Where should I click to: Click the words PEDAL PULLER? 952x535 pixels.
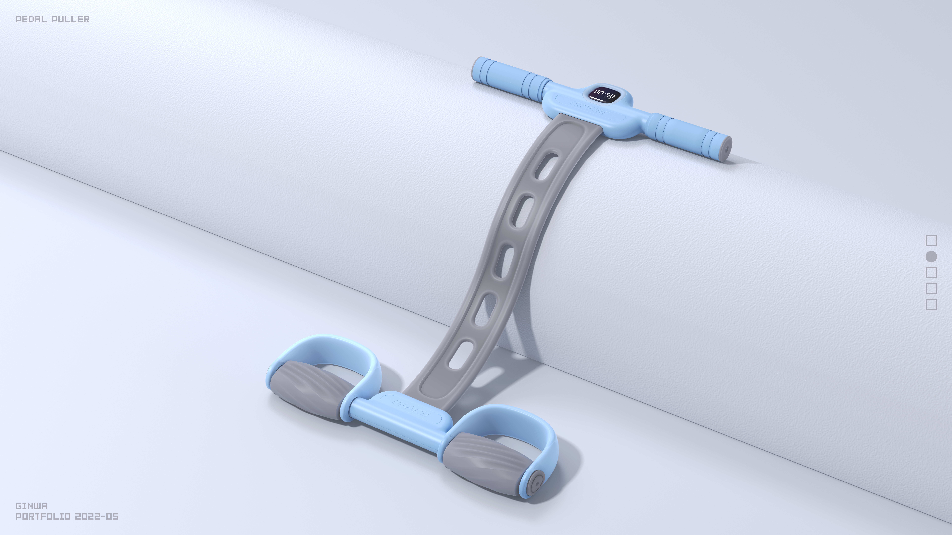[52, 19]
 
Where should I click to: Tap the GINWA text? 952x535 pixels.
[31, 506]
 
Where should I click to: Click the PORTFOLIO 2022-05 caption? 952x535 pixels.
[67, 517]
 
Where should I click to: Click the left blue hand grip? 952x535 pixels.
[510, 74]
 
